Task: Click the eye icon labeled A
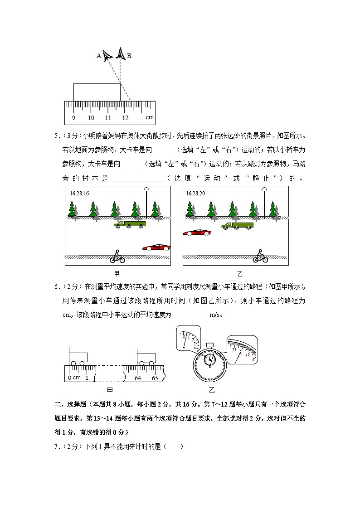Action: (x=107, y=56)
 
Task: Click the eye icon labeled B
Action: (x=120, y=54)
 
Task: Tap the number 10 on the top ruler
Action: (x=91, y=118)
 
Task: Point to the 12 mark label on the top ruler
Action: (x=125, y=118)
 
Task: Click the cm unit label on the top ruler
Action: (x=150, y=117)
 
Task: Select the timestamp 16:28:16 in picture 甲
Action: (x=79, y=193)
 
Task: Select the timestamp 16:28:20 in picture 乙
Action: (x=195, y=193)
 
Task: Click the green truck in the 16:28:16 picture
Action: (x=130, y=224)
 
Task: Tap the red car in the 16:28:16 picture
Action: (x=156, y=247)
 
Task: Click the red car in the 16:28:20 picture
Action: (x=197, y=233)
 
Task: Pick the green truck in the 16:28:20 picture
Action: (x=237, y=225)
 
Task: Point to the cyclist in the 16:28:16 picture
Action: (x=117, y=257)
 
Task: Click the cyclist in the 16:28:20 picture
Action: (x=260, y=257)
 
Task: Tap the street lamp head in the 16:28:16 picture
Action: (x=146, y=190)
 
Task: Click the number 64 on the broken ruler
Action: (x=138, y=378)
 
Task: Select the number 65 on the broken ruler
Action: (x=155, y=378)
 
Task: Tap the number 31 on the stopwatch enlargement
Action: (x=234, y=350)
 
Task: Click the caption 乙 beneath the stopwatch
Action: (x=211, y=390)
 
